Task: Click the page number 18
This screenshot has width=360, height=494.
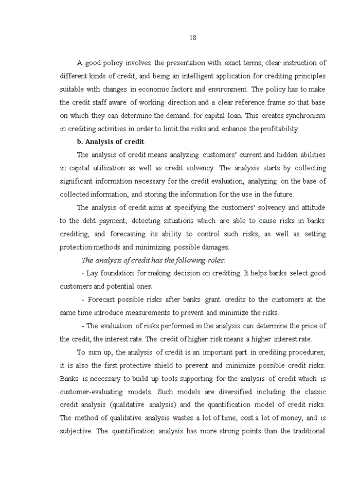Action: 192,38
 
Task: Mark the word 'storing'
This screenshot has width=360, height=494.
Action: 157,195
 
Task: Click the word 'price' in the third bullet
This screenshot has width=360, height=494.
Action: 307,326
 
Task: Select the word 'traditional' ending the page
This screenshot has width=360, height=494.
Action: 303,431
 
